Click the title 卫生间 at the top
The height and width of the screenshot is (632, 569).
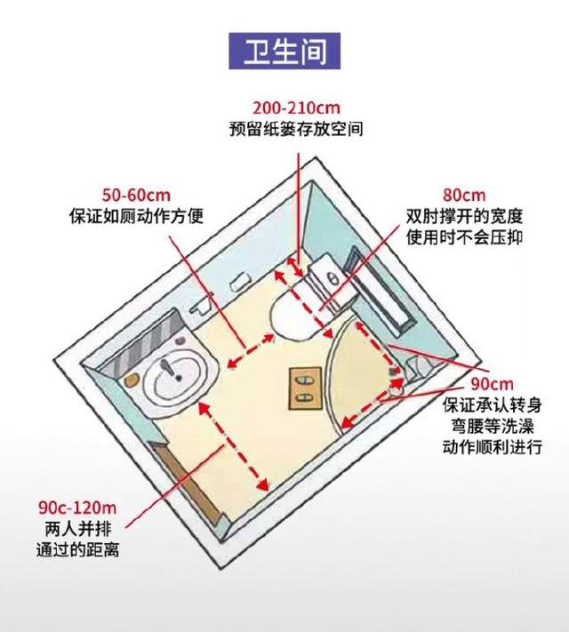point(284,50)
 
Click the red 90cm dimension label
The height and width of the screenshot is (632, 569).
point(493,384)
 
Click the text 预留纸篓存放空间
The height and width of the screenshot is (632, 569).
point(296,129)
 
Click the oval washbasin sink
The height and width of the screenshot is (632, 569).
point(178,380)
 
